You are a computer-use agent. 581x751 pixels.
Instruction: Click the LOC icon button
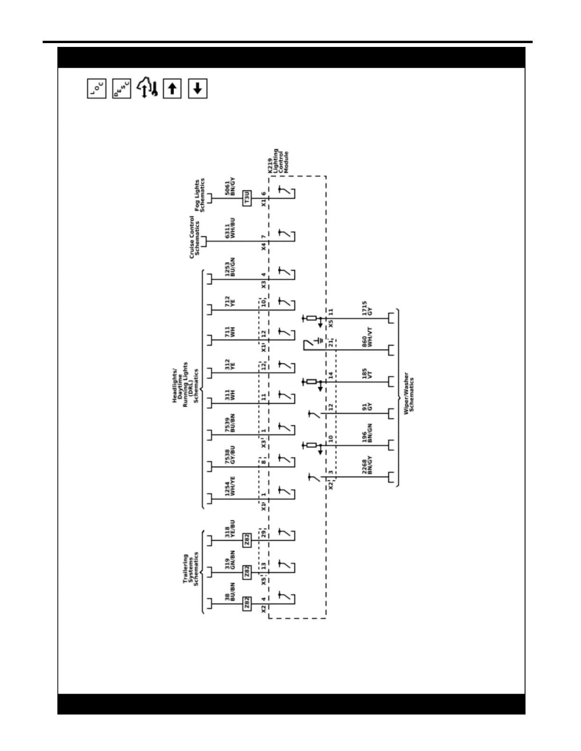coord(97,88)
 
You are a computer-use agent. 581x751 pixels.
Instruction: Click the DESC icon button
coord(122,88)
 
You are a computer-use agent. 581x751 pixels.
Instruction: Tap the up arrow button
coord(172,89)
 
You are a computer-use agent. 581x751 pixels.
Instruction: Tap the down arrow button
coord(198,89)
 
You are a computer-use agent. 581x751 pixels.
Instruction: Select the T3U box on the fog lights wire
coord(247,198)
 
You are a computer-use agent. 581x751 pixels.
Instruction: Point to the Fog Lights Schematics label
coord(200,195)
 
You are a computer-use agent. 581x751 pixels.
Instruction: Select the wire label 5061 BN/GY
coord(230,187)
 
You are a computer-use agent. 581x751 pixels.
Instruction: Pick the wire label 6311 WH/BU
coord(230,228)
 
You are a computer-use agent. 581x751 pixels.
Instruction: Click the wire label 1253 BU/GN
coord(230,267)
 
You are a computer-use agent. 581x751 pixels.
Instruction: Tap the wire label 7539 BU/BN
coord(230,423)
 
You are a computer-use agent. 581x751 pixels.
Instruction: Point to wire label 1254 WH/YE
coord(230,486)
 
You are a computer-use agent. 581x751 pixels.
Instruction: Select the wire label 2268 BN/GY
coord(367,465)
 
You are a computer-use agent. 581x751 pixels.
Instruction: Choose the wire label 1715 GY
coord(367,308)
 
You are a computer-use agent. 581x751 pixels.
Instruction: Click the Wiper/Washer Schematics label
coord(409,395)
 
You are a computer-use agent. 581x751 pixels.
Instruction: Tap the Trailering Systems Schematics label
coord(191,569)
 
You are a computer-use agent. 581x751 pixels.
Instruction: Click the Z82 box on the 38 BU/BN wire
coord(247,604)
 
